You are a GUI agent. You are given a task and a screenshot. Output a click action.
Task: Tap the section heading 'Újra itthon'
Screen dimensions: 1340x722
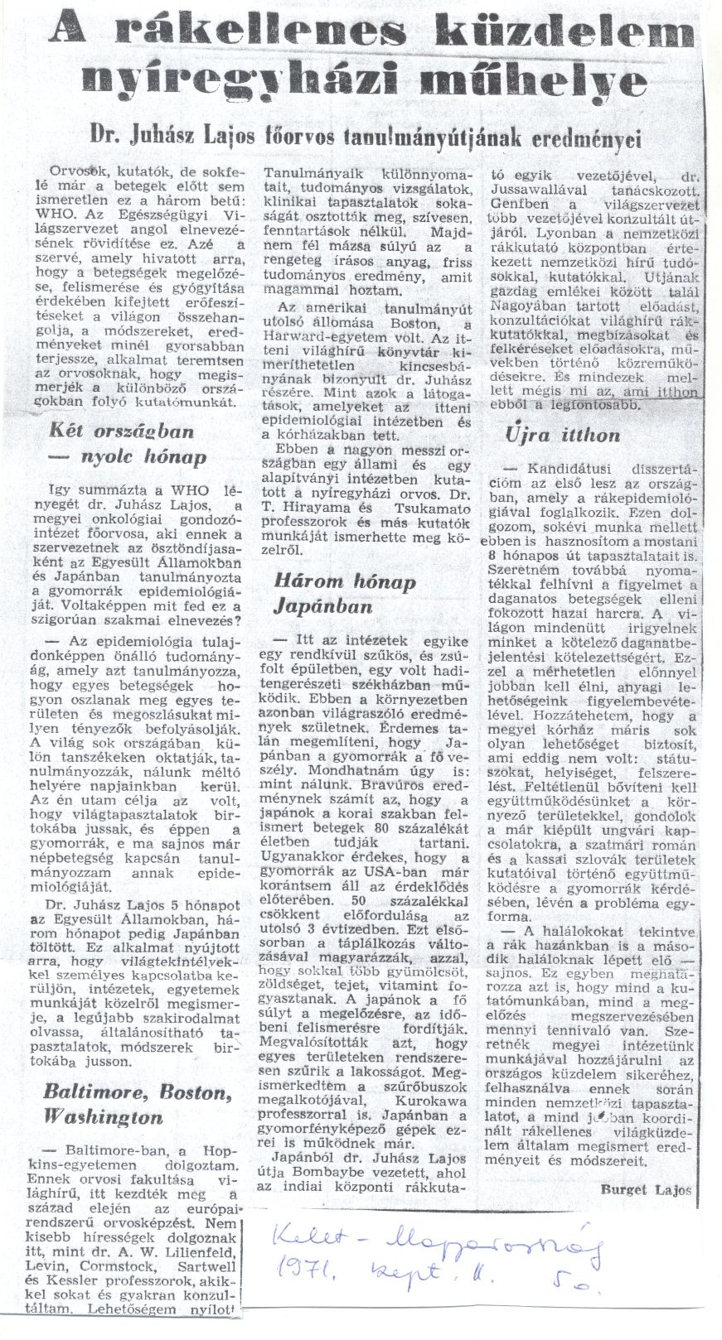click(x=560, y=436)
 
